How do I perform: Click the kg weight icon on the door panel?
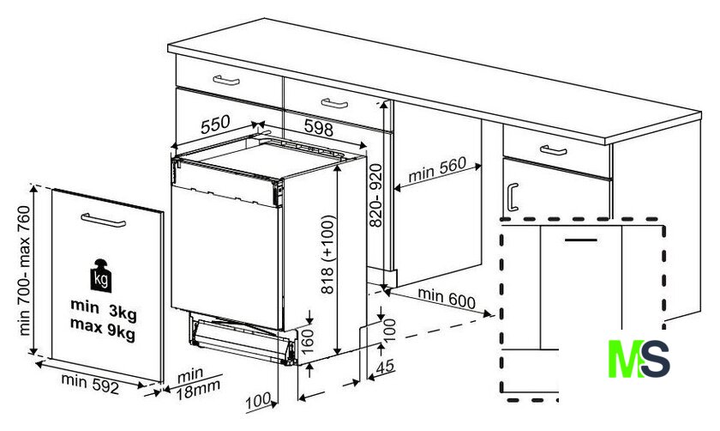[101, 276]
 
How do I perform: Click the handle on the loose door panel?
[104, 220]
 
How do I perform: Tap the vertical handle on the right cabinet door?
[513, 197]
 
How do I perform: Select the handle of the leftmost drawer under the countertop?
[226, 81]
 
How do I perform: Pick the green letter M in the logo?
[626, 359]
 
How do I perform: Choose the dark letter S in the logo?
[655, 359]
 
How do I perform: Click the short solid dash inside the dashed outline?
[581, 240]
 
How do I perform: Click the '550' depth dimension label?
[215, 124]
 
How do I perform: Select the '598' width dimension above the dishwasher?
[318, 127]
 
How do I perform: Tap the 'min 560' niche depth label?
[436, 169]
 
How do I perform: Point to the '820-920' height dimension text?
[375, 196]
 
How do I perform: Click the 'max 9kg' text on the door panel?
[103, 329]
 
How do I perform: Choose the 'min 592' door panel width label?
[90, 384]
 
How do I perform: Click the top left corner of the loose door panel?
[52, 189]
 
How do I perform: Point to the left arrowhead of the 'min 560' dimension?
[398, 188]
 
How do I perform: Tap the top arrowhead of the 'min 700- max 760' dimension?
[33, 188]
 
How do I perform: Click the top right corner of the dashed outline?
[663, 220]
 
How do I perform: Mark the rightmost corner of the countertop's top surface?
[701, 112]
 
